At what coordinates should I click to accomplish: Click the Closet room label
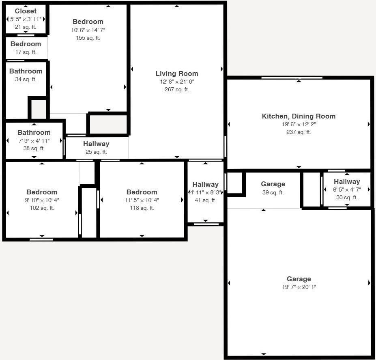pos(26,11)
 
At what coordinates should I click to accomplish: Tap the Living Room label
pos(177,73)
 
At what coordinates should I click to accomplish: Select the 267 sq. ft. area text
pos(177,90)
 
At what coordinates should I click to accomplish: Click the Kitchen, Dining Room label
pos(299,116)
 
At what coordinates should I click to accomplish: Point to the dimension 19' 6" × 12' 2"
pos(299,124)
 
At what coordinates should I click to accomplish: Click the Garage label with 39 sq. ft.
pos(273,184)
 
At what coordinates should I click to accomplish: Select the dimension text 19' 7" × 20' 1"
pos(299,287)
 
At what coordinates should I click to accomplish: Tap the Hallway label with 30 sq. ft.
pos(347,182)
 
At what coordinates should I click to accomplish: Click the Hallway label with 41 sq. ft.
pos(205,184)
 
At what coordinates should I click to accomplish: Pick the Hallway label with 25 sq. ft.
pos(96,144)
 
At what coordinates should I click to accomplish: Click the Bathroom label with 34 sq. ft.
pos(26,71)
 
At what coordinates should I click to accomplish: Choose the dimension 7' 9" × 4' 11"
pos(34,140)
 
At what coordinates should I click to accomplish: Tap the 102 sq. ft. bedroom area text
pos(42,208)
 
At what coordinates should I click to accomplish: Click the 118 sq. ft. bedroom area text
pos(142,208)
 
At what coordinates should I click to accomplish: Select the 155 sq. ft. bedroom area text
pos(88,38)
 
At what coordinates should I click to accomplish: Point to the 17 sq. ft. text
pos(26,52)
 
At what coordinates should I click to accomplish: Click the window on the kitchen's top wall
pos(292,78)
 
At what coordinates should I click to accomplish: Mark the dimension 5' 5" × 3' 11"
pos(26,19)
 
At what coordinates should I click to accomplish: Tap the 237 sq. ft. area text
pos(299,132)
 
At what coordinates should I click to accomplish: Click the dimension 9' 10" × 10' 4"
pos(42,200)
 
